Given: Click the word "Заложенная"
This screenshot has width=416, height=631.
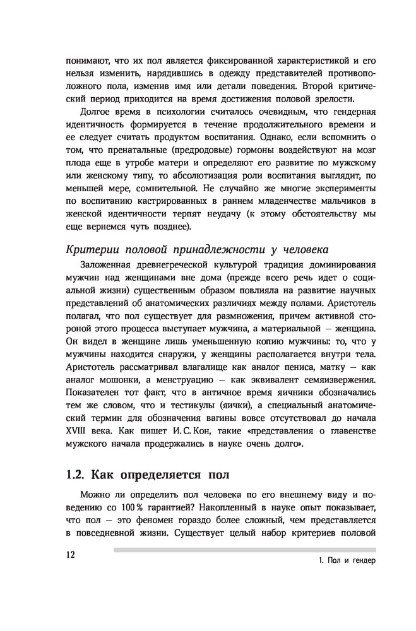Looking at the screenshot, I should click(x=112, y=266).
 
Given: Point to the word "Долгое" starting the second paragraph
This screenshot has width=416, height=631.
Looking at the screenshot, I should click(x=95, y=112).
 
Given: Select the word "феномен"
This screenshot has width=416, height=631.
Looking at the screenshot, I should click(x=170, y=521).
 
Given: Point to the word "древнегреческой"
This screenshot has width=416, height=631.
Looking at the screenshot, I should click(x=189, y=266).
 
